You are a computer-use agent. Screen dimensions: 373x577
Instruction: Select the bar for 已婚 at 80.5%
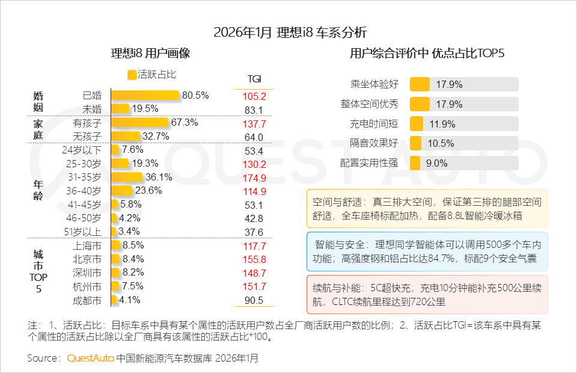pyautogui.click(x=145, y=95)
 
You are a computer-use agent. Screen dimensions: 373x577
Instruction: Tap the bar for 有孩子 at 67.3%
pyautogui.click(x=139, y=123)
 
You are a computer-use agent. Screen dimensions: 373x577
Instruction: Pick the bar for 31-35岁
pyautogui.click(x=127, y=177)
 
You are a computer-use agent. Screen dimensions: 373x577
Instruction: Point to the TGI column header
pyautogui.click(x=254, y=79)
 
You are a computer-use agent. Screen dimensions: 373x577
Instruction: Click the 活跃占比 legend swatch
pyautogui.click(x=132, y=75)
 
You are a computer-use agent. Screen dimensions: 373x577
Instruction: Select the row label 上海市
pyautogui.click(x=88, y=245)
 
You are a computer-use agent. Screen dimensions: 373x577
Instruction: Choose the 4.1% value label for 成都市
pyautogui.click(x=130, y=300)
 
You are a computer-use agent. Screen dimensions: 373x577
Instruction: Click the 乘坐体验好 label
pyautogui.click(x=374, y=84)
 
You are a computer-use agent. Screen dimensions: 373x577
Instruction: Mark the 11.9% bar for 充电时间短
pyautogui.click(x=417, y=124)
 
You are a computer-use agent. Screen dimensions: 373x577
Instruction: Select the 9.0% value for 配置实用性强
pyautogui.click(x=436, y=163)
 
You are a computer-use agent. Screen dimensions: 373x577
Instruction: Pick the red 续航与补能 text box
pyautogui.click(x=427, y=294)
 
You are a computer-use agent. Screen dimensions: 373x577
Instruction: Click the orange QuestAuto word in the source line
pyautogui.click(x=90, y=358)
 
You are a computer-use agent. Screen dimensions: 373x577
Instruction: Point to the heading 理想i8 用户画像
pyautogui.click(x=150, y=53)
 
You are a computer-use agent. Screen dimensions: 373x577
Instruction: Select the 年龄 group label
pyautogui.click(x=38, y=191)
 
